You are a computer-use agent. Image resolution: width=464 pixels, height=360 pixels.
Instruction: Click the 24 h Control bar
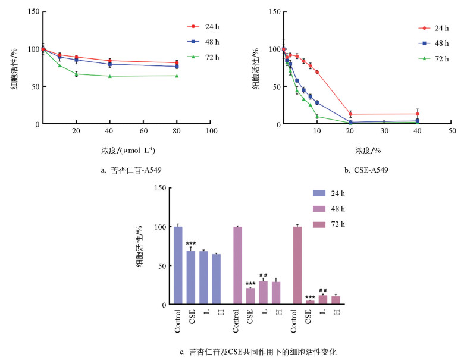(x=178, y=265)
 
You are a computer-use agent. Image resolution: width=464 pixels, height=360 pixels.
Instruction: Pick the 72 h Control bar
(x=297, y=265)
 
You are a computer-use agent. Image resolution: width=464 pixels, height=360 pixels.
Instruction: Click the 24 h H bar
(x=216, y=279)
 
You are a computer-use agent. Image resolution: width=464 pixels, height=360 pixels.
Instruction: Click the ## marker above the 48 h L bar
(x=263, y=275)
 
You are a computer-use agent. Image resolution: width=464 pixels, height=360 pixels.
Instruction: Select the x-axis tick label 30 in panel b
(x=384, y=130)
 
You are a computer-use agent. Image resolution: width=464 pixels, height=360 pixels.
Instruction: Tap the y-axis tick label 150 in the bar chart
(x=159, y=189)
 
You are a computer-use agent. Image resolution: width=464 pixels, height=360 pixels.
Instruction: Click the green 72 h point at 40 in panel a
(x=109, y=76)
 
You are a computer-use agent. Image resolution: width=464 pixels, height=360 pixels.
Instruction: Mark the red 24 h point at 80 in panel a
(x=177, y=63)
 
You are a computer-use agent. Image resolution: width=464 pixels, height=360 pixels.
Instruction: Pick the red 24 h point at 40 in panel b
(x=418, y=114)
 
